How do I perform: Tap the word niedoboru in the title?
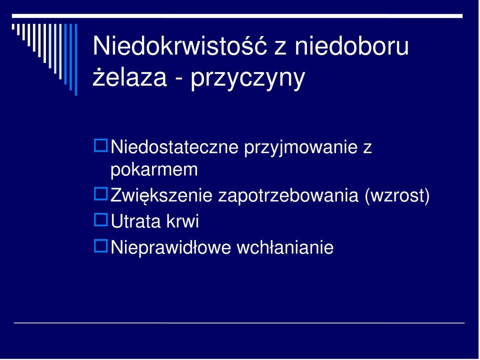pyautogui.click(x=351, y=45)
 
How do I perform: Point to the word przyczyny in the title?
pyautogui.click(x=248, y=78)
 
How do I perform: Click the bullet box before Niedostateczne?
pyautogui.click(x=100, y=145)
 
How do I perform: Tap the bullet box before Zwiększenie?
pyautogui.click(x=100, y=194)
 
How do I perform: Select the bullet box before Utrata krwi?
pyautogui.click(x=100, y=219)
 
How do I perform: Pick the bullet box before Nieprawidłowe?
pyautogui.click(x=100, y=246)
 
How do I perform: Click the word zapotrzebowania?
pyautogui.click(x=288, y=196)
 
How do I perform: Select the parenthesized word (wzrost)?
pyautogui.click(x=397, y=196)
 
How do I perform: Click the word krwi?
pyautogui.click(x=183, y=221)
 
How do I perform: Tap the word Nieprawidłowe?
pyautogui.click(x=170, y=247)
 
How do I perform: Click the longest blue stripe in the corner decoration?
pyautogui.click(x=76, y=59)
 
